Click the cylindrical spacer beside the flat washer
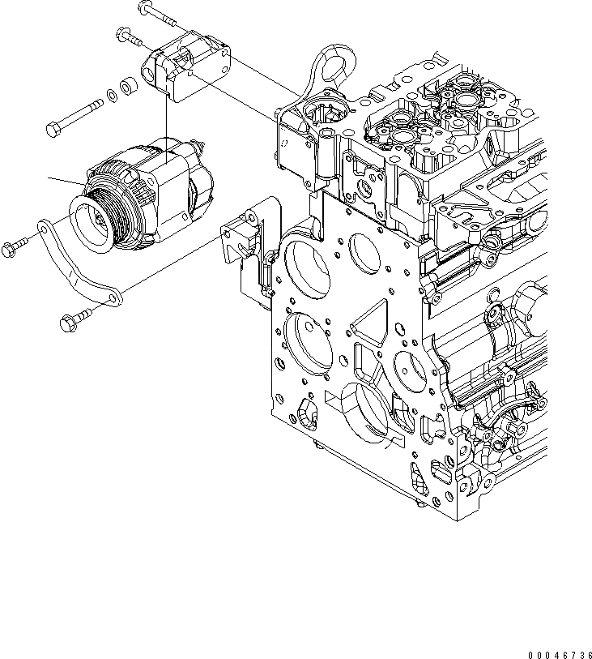[127, 84]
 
